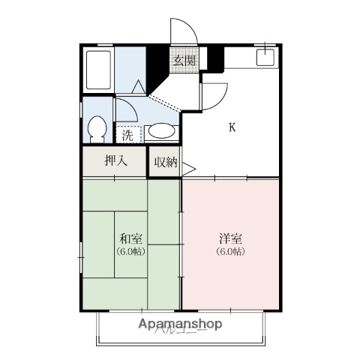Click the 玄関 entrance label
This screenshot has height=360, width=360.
coord(185,61)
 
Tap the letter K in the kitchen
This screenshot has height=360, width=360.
coord(232,127)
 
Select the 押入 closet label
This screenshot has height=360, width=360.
coord(115,160)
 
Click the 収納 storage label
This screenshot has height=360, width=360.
coord(165,162)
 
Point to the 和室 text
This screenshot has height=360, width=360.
coord(130,239)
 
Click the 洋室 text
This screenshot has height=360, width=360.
coord(230,239)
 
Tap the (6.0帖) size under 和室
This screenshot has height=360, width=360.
coord(130,251)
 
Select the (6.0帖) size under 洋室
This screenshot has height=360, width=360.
coord(230,251)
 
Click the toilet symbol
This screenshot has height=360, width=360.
coord(96,130)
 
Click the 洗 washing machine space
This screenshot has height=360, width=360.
coord(127,136)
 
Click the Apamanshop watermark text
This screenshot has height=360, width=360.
coord(180,325)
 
